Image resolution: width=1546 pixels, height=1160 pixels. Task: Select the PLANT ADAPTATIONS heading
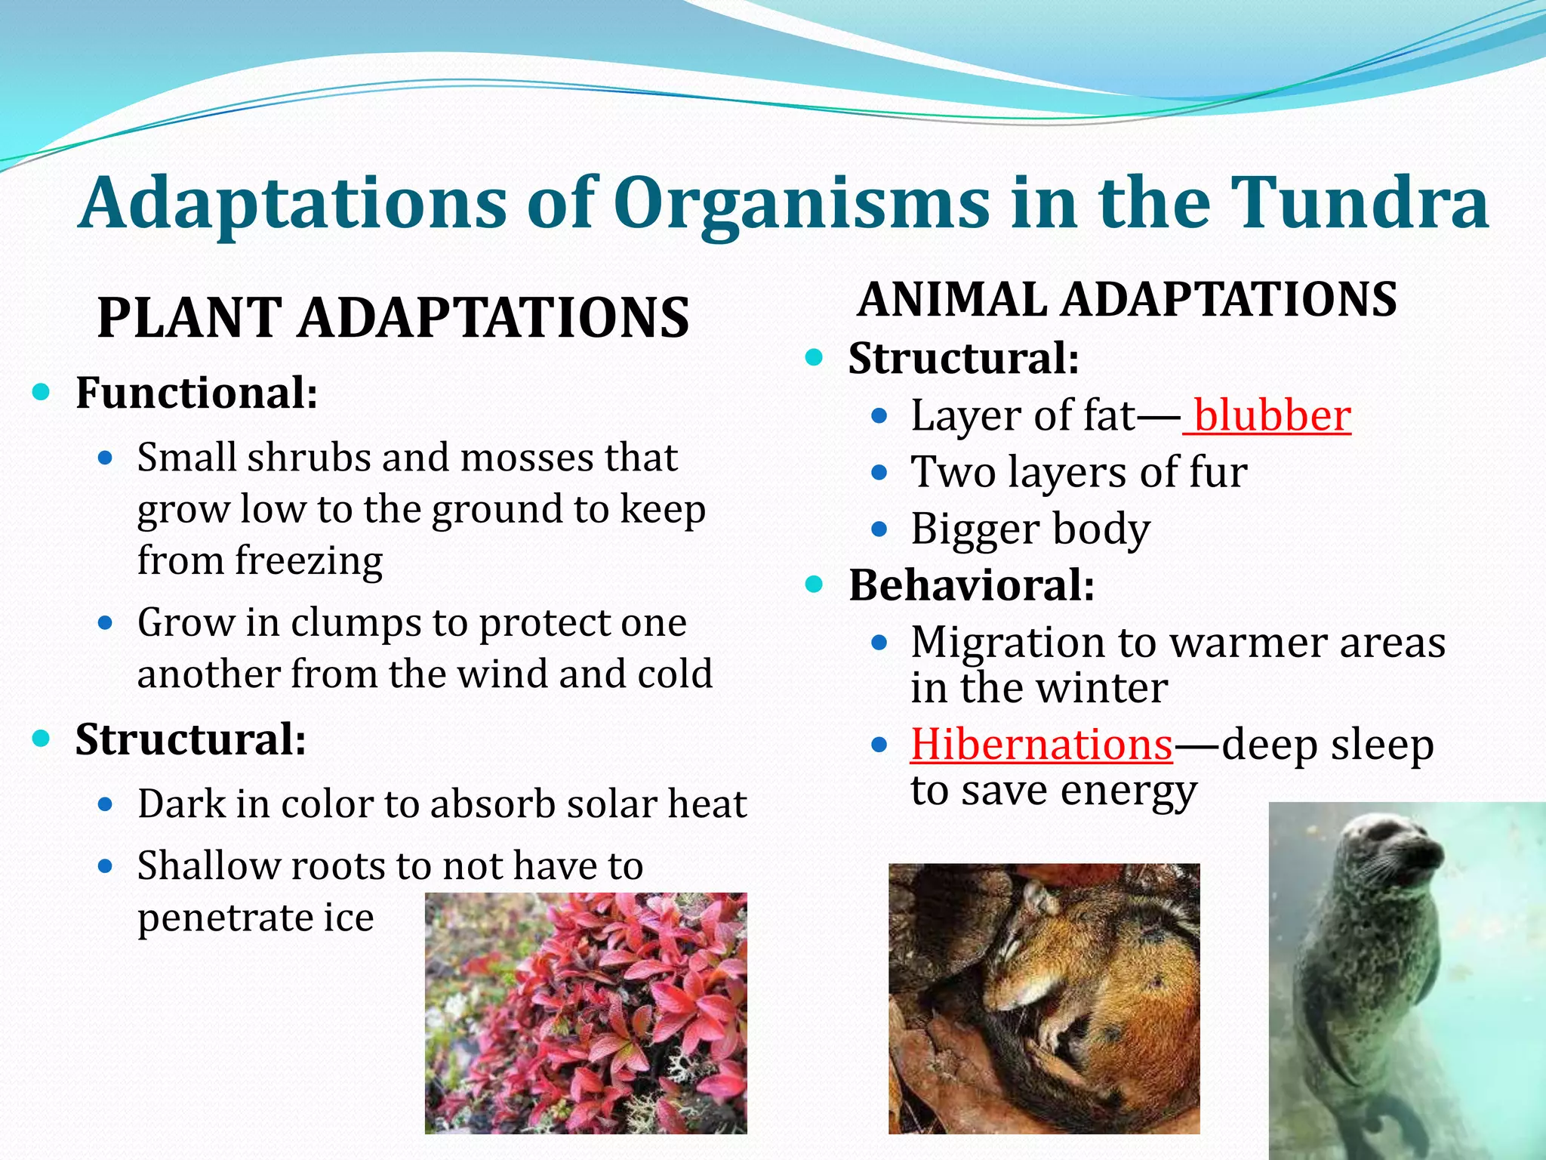pyautogui.click(x=393, y=317)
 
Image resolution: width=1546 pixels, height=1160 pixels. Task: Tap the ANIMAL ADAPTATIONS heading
pyautogui.click(x=1127, y=299)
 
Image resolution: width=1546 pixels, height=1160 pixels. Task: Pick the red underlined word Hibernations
pyautogui.click(x=1042, y=745)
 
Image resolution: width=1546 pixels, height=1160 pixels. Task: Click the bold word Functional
pyautogui.click(x=196, y=393)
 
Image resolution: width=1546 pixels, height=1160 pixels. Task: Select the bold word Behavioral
pyautogui.click(x=972, y=585)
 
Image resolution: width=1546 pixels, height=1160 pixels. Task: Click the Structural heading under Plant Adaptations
pyautogui.click(x=190, y=739)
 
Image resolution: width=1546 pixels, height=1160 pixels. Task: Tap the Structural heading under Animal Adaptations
pyautogui.click(x=963, y=358)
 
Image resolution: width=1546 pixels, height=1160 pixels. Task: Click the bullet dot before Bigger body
pyautogui.click(x=879, y=529)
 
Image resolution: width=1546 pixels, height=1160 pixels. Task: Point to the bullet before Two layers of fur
pyautogui.click(x=879, y=474)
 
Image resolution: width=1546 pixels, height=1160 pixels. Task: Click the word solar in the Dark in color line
pyautogui.click(x=600, y=804)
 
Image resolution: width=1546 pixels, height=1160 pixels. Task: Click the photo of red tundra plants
pyautogui.click(x=586, y=1013)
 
